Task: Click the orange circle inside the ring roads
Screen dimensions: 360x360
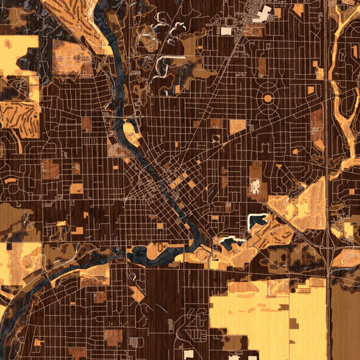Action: pos(267,97)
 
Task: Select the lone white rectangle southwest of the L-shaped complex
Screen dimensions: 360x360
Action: pos(226,31)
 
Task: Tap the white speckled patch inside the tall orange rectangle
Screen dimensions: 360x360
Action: pos(255,186)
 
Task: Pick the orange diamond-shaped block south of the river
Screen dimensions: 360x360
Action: pos(137,294)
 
